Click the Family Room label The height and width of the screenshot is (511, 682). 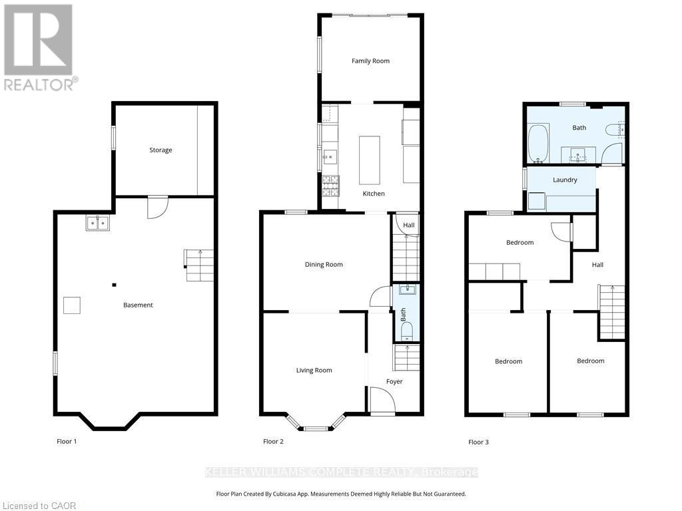(x=370, y=61)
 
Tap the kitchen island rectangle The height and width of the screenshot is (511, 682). (x=369, y=160)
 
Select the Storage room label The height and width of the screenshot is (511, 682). (x=161, y=150)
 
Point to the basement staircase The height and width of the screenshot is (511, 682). (x=199, y=265)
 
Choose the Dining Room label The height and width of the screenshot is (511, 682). (x=324, y=265)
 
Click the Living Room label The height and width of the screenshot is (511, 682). (x=314, y=371)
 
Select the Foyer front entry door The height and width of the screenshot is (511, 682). (x=382, y=402)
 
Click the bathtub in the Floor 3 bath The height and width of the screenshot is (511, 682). (x=537, y=143)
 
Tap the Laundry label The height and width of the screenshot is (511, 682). (x=565, y=180)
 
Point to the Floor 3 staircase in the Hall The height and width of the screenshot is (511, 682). (x=611, y=312)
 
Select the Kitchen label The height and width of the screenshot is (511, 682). (x=373, y=194)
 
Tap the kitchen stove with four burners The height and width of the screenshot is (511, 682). (x=330, y=185)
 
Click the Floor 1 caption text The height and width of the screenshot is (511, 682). (x=67, y=442)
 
